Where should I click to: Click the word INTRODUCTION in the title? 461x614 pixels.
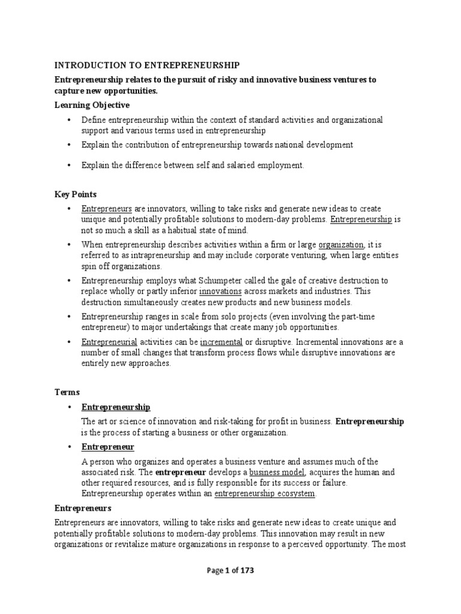[x=84, y=65]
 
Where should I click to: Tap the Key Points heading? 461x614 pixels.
[x=75, y=194]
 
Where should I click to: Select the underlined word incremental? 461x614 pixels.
[x=225, y=342]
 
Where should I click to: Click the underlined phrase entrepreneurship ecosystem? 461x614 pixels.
[x=265, y=493]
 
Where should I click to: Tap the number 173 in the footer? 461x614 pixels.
[x=246, y=571]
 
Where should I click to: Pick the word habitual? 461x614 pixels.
[x=179, y=230]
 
